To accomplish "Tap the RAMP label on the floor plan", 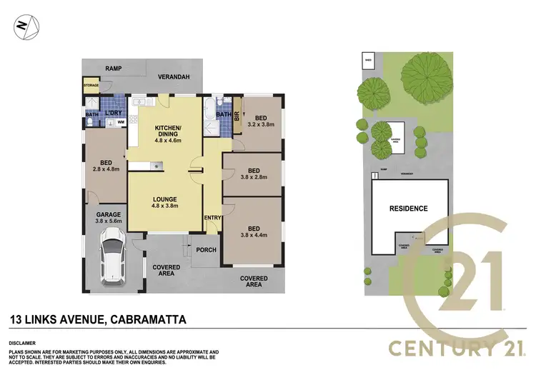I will pyautogui.click(x=113, y=69).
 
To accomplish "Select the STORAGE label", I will pyautogui.click(x=91, y=85).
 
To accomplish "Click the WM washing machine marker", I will pyautogui.click(x=121, y=123).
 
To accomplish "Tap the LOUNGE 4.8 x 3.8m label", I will pyautogui.click(x=164, y=202).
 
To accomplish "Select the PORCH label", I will pyautogui.click(x=205, y=250).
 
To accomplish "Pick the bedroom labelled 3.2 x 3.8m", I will pyautogui.click(x=261, y=121).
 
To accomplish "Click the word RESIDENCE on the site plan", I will pyautogui.click(x=408, y=209).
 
